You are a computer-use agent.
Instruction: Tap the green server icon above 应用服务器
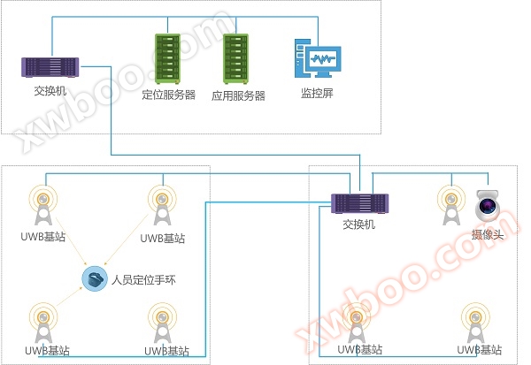tap(237, 59)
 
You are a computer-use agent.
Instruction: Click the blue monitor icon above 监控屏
tap(317, 59)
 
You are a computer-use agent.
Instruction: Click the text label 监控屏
tap(317, 93)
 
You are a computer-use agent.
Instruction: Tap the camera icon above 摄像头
tap(487, 206)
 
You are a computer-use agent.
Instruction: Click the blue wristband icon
tap(94, 280)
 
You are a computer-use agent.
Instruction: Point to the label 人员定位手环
tap(144, 282)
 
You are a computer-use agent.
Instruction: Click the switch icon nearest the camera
tap(360, 203)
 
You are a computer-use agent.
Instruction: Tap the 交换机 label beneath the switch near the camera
tap(360, 224)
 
